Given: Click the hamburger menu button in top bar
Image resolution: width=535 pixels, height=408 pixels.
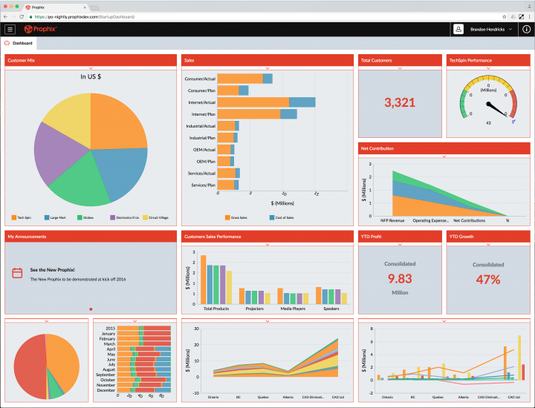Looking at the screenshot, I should [10, 29].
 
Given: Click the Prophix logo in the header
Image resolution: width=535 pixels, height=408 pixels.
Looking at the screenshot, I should [40, 29].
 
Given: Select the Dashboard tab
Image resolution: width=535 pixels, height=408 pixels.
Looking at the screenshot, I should [22, 43].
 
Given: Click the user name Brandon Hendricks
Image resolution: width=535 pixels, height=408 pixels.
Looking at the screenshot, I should [487, 29].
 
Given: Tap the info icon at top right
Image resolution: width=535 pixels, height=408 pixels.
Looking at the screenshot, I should [525, 29].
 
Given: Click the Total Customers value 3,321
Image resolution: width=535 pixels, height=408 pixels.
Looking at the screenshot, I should [399, 102].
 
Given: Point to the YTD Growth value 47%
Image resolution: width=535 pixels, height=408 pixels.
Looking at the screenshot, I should [487, 280].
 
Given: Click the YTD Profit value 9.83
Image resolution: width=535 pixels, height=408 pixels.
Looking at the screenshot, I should [399, 279].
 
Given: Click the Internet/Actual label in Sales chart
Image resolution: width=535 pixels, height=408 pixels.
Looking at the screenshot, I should [201, 102].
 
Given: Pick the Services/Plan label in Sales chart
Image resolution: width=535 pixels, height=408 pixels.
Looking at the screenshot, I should [202, 185].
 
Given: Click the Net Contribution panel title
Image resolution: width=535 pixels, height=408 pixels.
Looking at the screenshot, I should [377, 148].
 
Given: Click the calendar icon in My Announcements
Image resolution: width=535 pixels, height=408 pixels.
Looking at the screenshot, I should [17, 273].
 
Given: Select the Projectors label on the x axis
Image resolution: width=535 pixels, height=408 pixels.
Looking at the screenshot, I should [254, 308].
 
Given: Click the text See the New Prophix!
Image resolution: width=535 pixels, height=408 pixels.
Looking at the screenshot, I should [52, 270].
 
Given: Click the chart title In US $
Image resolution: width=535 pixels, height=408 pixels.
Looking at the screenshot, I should [91, 76].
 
